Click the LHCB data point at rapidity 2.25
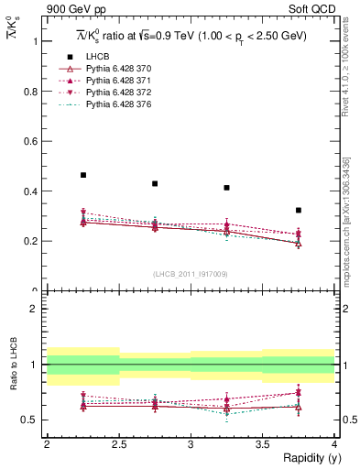coord(83,175)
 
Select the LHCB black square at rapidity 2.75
coord(155,183)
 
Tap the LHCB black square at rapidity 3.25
coord(226,188)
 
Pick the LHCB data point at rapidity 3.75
coord(299,210)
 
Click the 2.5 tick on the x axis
coord(118,443)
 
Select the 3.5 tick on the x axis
coord(262,443)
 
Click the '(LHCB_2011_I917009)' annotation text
coord(190,273)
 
